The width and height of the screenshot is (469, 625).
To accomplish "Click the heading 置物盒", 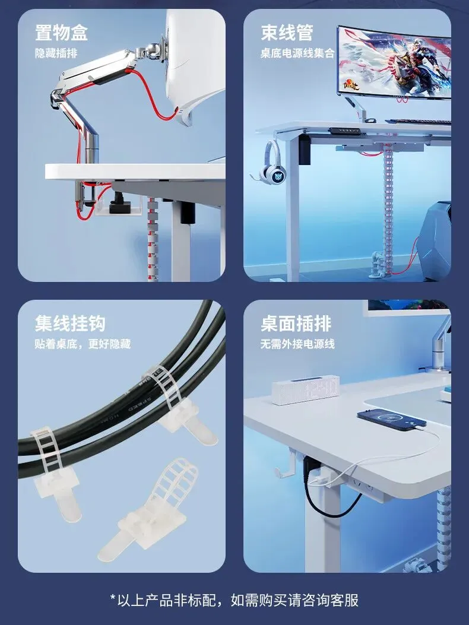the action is coord(61,32).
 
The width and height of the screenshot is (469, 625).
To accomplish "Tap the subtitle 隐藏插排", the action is coord(56,53).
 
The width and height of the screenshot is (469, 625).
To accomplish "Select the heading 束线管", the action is coord(287,32).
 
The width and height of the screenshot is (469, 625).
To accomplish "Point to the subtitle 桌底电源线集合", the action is coord(297,53).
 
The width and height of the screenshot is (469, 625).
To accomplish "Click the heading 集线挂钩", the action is coord(70,323).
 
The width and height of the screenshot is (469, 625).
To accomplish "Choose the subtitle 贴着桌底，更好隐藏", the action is coord(83,344).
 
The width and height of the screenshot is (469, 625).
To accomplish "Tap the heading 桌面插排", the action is coord(296,323).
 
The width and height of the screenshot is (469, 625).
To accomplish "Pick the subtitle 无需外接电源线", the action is coord(297,344).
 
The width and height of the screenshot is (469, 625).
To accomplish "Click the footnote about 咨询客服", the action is coord(235,600).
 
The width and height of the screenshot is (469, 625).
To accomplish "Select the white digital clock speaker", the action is coord(306,391).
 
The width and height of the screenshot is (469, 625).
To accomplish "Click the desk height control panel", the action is coord(344,131).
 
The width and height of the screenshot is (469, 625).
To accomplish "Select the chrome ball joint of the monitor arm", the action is coord(151,49).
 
